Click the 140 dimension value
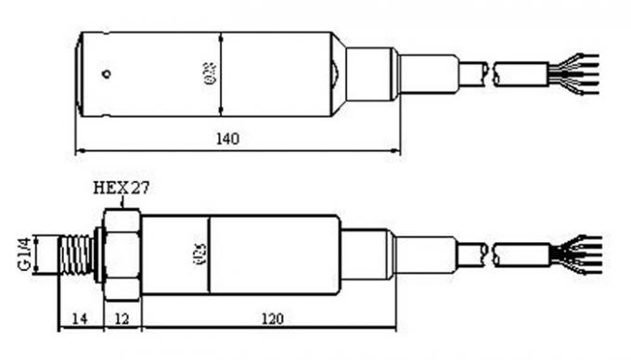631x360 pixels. pos(228,139)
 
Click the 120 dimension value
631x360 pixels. pos(271,318)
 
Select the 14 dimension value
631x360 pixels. pos(79,318)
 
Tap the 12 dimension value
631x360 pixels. pos(122,318)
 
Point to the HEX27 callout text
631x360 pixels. pos(122,186)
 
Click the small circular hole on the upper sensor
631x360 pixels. pos(107,73)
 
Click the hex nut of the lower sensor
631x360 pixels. pos(122,253)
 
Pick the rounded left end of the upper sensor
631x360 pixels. pos(81,73)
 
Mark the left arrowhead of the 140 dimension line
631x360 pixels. pos(79,150)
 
